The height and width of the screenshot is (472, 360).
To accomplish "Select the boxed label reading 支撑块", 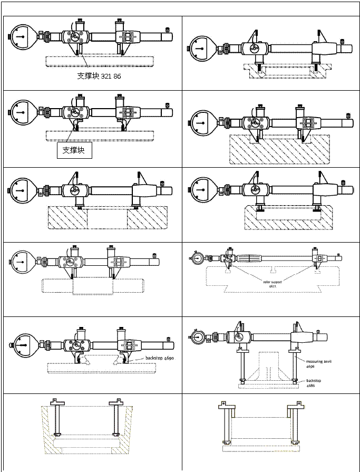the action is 74,150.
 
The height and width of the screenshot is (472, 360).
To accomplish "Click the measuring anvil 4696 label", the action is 315,364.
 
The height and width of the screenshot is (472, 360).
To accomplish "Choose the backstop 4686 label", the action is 315,382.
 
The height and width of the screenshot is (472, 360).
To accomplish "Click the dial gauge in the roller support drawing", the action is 198,259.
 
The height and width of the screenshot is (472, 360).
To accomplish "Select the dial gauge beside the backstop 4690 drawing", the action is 24,346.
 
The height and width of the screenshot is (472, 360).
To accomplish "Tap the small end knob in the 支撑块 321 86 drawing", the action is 168,31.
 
